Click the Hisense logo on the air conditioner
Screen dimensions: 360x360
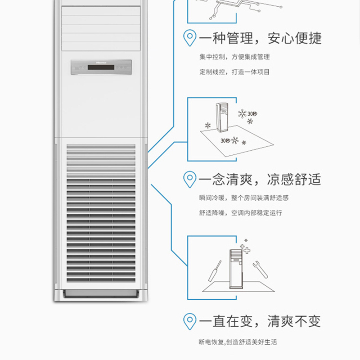pyautogui.click(x=101, y=62)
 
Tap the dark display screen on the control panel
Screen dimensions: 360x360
pyautogui.click(x=101, y=68)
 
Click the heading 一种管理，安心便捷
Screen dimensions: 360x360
pyautogui.click(x=260, y=38)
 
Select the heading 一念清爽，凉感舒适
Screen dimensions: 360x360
pyautogui.click(x=260, y=179)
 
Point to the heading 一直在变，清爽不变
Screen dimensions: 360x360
pyautogui.click(x=260, y=321)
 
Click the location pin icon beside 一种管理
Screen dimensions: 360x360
pyautogui.click(x=190, y=37)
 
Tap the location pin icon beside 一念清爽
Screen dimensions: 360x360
pyautogui.click(x=190, y=179)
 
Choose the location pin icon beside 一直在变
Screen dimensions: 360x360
pyautogui.click(x=190, y=321)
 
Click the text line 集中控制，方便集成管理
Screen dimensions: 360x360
pyautogui.click(x=234, y=58)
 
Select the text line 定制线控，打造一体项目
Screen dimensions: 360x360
pyautogui.click(x=234, y=72)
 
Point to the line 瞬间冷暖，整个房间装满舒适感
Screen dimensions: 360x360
pyautogui.click(x=243, y=198)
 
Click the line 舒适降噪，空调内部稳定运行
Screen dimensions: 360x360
pyautogui.click(x=241, y=213)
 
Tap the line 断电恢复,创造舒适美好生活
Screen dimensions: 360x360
pyautogui.click(x=238, y=342)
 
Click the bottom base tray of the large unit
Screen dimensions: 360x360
pyautogui.click(x=101, y=294)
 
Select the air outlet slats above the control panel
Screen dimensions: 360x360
pyautogui.click(x=101, y=27)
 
